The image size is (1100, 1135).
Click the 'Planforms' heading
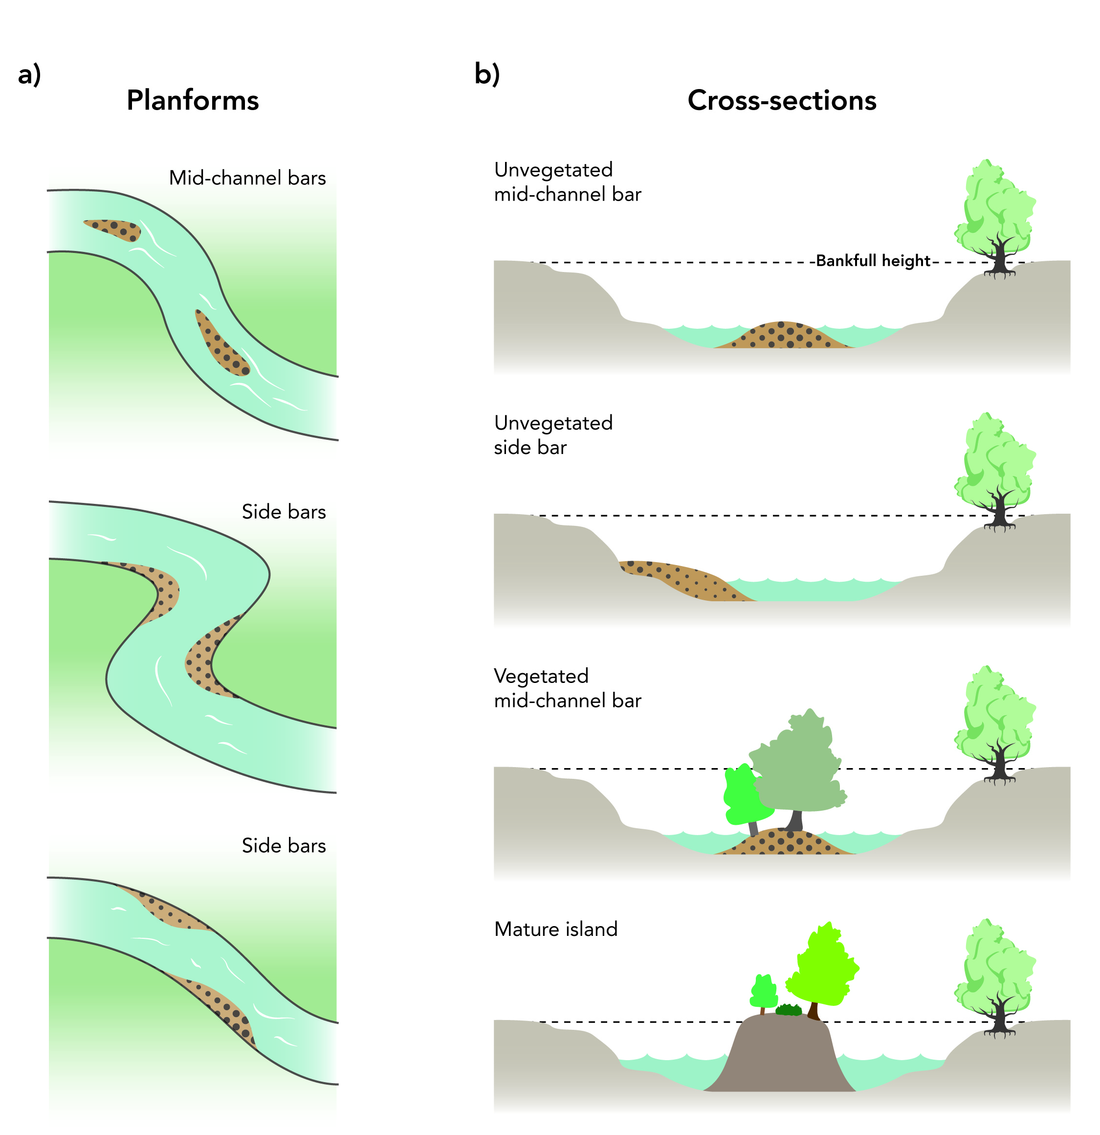coord(193,100)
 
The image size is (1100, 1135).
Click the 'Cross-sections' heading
coord(781,100)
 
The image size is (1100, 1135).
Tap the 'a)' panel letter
coord(29,75)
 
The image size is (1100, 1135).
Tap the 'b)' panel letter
coord(486,74)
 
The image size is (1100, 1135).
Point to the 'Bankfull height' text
coord(873,261)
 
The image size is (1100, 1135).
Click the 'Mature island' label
coord(555,929)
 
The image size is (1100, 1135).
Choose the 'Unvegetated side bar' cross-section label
coord(552,435)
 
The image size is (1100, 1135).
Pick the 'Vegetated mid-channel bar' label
coord(567,688)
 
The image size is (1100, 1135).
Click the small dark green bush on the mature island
coord(788,1011)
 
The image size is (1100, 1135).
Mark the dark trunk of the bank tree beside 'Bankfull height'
coord(998,258)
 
